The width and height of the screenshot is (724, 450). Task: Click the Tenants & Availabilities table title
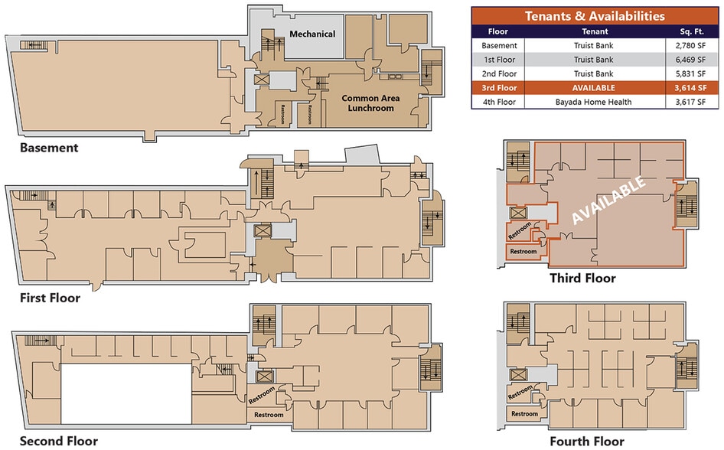[594, 16]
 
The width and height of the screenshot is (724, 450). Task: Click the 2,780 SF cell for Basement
[690, 46]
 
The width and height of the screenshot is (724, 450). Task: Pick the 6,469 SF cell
[690, 60]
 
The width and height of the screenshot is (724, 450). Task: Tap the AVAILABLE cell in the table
[594, 88]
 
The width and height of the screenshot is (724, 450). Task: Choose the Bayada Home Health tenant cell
[594, 102]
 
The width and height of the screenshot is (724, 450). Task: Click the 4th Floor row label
[498, 102]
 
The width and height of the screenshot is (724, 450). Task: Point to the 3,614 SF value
[690, 88]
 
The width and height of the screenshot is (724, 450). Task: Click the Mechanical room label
[312, 34]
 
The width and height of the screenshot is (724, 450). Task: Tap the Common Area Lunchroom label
[367, 103]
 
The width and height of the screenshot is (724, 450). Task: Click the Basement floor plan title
[49, 148]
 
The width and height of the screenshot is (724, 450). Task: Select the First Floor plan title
[50, 298]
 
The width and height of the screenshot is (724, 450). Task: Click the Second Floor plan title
[58, 441]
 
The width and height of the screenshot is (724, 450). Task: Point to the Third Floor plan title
[582, 278]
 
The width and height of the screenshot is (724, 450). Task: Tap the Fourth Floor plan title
[586, 441]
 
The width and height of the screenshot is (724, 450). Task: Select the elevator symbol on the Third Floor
[517, 214]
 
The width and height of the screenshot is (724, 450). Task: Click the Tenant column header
[594, 32]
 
